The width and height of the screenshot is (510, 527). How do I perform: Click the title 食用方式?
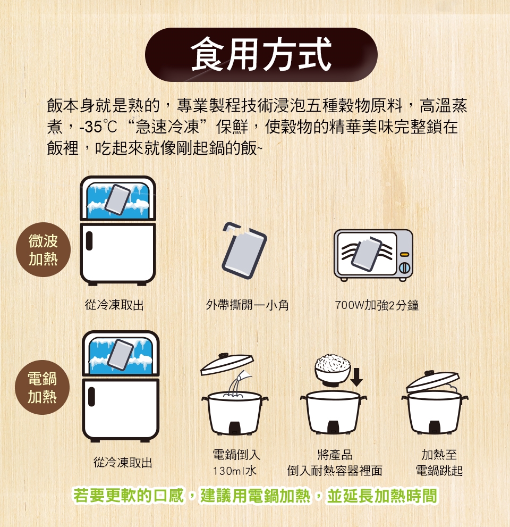click(x=261, y=55)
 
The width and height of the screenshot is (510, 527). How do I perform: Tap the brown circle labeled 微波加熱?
click(x=44, y=250)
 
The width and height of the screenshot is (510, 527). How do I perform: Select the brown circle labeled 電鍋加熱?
click(x=42, y=387)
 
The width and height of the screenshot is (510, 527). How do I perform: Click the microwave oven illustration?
click(x=373, y=255)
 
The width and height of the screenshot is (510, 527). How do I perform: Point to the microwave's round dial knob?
click(x=405, y=267)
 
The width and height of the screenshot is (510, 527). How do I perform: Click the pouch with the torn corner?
click(x=244, y=250)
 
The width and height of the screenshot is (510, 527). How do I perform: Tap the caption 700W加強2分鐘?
click(x=377, y=305)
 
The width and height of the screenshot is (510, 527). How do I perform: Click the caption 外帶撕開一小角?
click(x=248, y=305)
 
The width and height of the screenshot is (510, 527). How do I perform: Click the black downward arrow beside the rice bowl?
click(x=356, y=377)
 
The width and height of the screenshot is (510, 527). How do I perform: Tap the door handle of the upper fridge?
click(x=89, y=241)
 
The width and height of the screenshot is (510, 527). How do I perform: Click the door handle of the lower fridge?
click(x=91, y=397)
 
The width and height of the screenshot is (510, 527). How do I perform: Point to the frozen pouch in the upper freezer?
click(x=117, y=199)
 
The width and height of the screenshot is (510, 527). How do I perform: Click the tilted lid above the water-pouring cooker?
click(x=227, y=363)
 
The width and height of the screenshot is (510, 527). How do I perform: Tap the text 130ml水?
click(x=235, y=471)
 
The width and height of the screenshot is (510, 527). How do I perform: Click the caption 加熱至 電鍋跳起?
click(x=439, y=463)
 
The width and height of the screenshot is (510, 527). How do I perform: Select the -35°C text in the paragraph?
click(x=98, y=127)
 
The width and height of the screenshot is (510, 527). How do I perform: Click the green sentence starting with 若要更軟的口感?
click(x=256, y=496)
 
